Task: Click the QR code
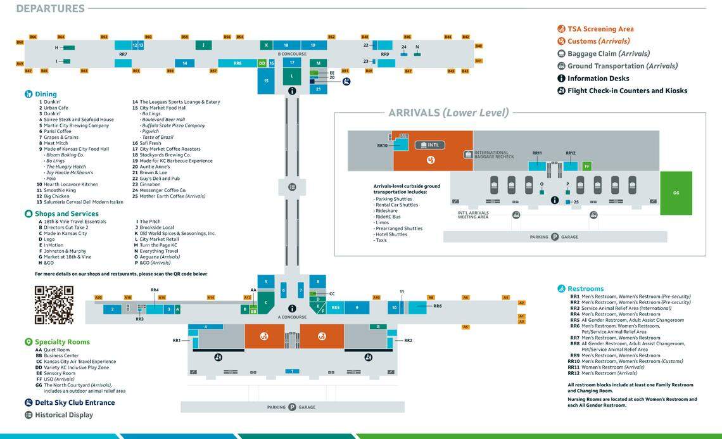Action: pos(54,305)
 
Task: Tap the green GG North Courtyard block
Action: pos(676,193)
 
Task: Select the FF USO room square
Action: pos(586,166)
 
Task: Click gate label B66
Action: pos(33,37)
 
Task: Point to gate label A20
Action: pos(98,297)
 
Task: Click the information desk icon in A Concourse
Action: pos(292,308)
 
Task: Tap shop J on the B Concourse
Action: pos(203,45)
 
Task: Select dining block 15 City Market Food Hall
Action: pos(266,80)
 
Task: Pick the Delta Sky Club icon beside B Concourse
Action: pos(346,81)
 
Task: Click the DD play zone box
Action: pos(262,63)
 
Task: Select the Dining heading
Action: pos(45,94)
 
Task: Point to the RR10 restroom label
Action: pos(382,145)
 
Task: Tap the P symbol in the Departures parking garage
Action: pos(292,407)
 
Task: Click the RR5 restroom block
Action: pos(336,307)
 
